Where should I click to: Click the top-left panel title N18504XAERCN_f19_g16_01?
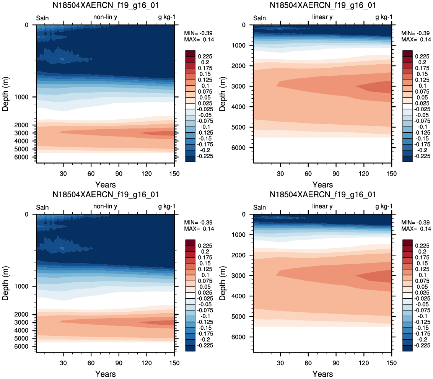[x=106, y=5]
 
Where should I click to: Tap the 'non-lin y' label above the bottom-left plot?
[x=105, y=207]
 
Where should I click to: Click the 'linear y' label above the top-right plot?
[x=322, y=17]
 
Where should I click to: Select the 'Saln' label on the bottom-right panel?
[x=259, y=207]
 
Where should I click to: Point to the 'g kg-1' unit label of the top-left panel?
[x=167, y=17]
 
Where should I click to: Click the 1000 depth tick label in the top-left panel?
[x=21, y=97]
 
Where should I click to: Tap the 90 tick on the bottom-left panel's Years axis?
[x=119, y=363]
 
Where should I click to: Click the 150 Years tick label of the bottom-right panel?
[x=391, y=363]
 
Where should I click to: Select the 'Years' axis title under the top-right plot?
[x=322, y=185]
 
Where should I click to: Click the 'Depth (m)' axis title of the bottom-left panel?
[x=5, y=283]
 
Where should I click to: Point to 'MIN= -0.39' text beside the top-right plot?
[x=416, y=33]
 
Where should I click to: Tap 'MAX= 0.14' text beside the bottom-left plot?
[x=199, y=229]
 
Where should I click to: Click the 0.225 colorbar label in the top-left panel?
[x=205, y=57]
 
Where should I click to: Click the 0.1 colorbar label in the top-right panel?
[x=422, y=86]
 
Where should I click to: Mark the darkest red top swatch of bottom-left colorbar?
[x=190, y=242]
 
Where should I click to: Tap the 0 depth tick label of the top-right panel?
[x=244, y=25]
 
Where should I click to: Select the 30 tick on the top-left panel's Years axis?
[x=63, y=174]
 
